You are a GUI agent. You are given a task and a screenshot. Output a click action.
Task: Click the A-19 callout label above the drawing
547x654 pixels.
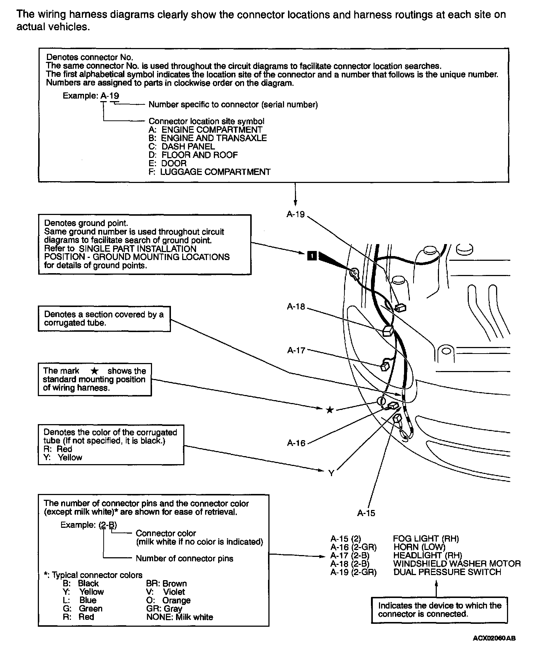coord(295,214)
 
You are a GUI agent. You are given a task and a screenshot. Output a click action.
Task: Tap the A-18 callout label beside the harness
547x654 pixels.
coord(296,307)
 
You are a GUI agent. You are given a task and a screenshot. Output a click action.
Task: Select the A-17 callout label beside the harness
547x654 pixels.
coord(296,350)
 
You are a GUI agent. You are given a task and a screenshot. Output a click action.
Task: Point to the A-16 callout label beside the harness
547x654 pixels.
coord(296,443)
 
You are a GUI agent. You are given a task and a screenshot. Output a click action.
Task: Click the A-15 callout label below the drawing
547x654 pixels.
coord(366,513)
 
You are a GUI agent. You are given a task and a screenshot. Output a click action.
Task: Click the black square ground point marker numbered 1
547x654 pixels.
coord(312,256)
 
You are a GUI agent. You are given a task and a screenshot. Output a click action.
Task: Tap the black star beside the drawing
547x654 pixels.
coord(330,410)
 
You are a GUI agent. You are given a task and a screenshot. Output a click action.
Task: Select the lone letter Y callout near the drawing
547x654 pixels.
coord(331,473)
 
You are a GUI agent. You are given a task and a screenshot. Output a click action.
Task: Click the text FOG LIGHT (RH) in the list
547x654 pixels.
coord(426,539)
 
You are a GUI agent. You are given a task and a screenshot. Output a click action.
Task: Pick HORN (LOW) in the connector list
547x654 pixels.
coord(419,547)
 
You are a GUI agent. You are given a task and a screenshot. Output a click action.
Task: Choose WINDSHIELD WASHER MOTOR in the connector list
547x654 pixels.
coord(457,564)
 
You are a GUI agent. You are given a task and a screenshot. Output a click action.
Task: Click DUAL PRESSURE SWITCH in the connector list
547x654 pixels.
coord(447,572)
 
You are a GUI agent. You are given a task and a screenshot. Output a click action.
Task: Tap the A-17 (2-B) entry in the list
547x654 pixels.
coord(350,555)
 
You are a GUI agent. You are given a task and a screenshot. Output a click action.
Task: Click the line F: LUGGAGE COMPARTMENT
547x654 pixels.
coord(209,172)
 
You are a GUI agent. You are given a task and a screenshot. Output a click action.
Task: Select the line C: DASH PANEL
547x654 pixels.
coord(181,146)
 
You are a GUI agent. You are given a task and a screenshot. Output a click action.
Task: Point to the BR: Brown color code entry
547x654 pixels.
coord(166,583)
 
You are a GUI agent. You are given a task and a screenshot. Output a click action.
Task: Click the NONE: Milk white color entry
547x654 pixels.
coord(179,617)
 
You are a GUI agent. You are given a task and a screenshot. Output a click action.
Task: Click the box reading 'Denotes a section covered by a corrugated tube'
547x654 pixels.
coord(104,319)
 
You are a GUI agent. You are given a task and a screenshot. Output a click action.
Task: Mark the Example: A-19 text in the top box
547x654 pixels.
coord(91,96)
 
